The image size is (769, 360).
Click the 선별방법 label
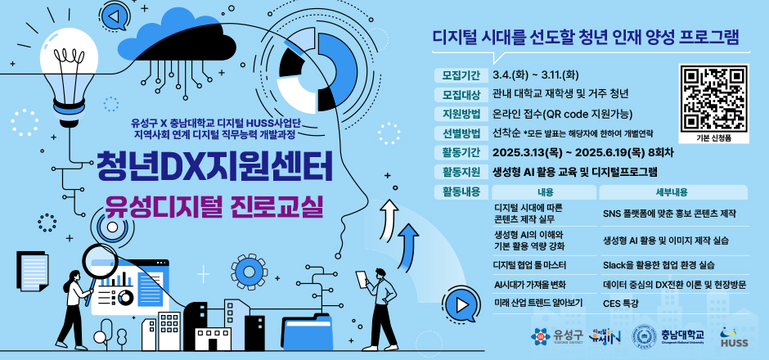[x=460, y=133]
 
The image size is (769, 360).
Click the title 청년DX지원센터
[x=214, y=166]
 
